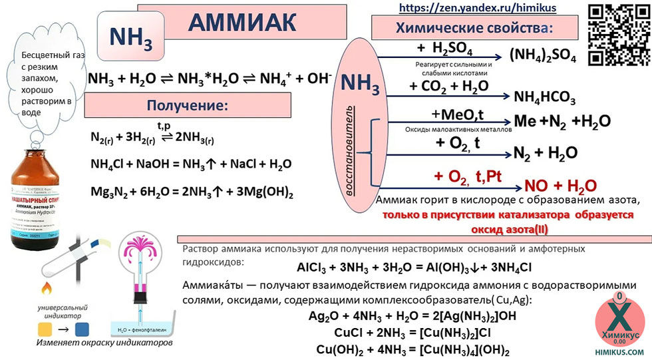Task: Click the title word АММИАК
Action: tap(242, 22)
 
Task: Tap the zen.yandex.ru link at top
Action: tap(477, 8)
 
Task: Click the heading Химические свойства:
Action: tap(474, 29)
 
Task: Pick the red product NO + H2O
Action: tap(561, 185)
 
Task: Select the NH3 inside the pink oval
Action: tap(361, 85)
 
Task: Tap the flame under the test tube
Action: tap(47, 289)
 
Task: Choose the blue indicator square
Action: tap(82, 328)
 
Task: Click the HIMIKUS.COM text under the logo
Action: tap(619, 352)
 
